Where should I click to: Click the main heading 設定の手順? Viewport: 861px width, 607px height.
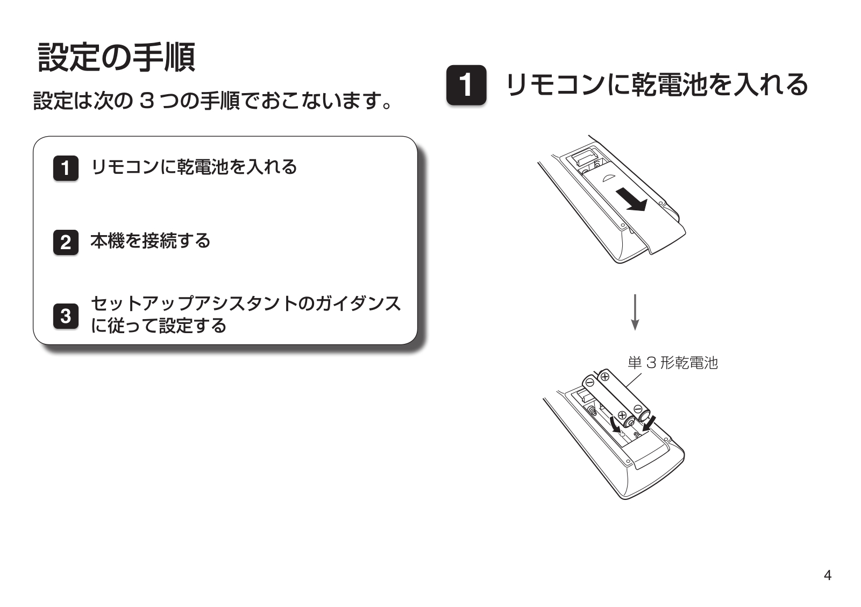117,58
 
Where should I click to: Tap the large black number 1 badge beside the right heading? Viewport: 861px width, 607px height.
466,85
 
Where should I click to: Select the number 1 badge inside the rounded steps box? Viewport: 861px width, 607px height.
66,168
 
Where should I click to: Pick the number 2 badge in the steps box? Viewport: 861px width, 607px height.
66,242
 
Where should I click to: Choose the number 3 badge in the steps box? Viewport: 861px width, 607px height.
66,316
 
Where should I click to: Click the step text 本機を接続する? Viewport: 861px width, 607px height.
150,241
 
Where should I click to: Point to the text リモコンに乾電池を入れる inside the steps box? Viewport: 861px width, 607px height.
194,167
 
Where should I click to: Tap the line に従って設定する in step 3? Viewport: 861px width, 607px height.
158,326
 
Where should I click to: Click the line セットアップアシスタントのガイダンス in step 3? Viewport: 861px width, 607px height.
246,303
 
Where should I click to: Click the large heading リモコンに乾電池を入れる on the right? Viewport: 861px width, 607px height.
657,84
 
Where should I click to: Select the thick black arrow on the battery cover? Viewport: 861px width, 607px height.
631,199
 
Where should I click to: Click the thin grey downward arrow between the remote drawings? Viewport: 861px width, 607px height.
635,312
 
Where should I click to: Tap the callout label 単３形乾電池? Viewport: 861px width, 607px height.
673,363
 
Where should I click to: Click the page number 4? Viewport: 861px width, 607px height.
828,576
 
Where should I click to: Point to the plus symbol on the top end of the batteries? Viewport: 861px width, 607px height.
605,377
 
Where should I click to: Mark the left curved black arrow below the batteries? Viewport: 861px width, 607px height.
615,424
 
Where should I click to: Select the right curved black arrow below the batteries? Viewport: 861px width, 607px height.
649,423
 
